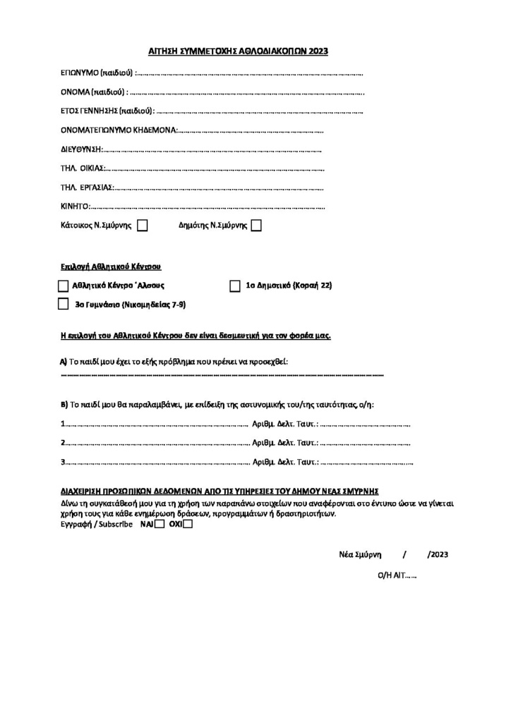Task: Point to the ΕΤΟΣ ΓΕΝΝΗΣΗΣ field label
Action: click(107, 111)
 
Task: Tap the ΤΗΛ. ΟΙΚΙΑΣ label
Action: click(83, 169)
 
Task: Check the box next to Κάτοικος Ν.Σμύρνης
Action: click(142, 226)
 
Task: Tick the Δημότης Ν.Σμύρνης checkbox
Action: click(256, 226)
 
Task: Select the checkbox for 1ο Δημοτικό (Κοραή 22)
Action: click(235, 286)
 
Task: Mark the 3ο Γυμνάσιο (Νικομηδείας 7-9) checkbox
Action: click(64, 305)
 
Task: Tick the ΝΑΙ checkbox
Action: click(160, 524)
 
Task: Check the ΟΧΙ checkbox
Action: click(187, 524)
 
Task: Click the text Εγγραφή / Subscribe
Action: click(97, 525)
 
